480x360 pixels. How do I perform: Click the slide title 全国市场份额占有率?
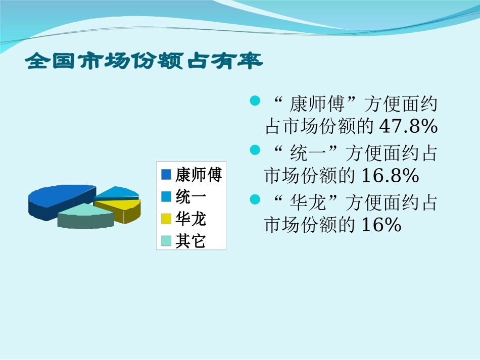tap(144, 61)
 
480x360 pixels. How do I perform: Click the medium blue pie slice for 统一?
tap(117, 192)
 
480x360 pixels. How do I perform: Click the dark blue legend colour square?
tap(166, 175)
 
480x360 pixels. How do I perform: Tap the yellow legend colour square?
tap(166, 219)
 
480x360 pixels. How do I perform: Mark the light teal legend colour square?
tap(166, 241)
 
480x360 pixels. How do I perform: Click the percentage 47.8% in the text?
tap(408, 127)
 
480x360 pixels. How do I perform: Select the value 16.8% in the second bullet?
tap(390, 176)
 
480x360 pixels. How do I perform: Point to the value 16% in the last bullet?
tap(381, 225)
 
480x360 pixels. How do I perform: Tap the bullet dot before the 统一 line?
tap(255, 150)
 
